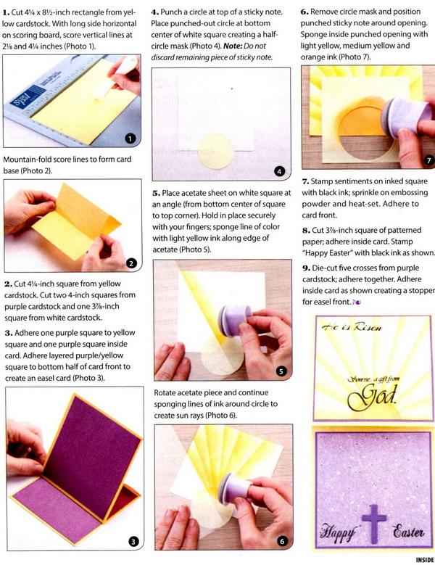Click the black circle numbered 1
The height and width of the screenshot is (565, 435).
130,138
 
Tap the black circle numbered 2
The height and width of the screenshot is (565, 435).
131,263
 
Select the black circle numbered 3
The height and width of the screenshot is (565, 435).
133,541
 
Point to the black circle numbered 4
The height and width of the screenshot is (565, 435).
279,171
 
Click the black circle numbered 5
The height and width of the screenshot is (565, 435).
281,371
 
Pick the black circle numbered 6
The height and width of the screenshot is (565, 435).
282,541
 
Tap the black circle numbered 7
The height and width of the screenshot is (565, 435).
428,160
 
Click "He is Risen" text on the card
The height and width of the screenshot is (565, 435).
351,327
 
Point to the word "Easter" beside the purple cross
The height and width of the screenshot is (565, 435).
408,531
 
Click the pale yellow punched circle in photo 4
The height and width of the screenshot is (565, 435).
216,152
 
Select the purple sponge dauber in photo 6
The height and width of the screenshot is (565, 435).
236,488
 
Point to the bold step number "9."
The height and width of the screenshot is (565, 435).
307,268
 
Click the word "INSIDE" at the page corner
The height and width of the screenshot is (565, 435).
425,560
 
